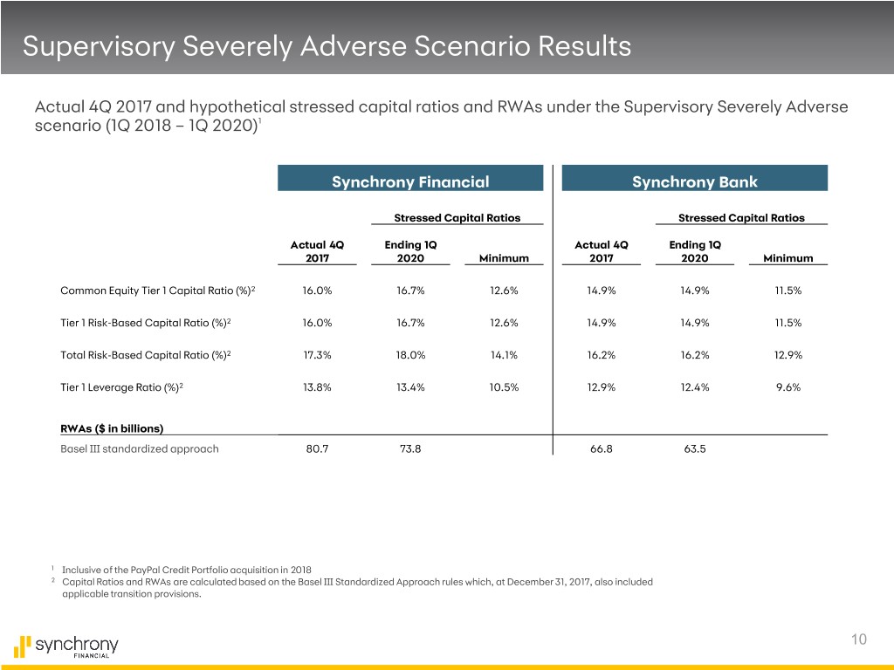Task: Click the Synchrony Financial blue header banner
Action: [410, 178]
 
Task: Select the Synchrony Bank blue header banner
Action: [694, 178]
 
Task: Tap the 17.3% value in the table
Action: [317, 355]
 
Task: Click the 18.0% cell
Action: [410, 355]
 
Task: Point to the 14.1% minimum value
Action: [504, 355]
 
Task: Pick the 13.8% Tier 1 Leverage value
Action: [317, 387]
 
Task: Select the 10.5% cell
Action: [504, 387]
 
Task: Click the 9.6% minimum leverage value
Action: [788, 387]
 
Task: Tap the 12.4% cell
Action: [694, 387]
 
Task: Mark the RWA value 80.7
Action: [317, 449]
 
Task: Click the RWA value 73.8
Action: [410, 449]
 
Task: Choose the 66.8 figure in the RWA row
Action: [601, 449]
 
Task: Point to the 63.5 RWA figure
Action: [694, 449]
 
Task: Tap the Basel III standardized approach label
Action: [140, 449]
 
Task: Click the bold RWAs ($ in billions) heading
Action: [112, 428]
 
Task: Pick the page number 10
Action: [859, 639]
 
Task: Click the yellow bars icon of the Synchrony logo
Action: [22, 646]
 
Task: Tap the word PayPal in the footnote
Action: [145, 570]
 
